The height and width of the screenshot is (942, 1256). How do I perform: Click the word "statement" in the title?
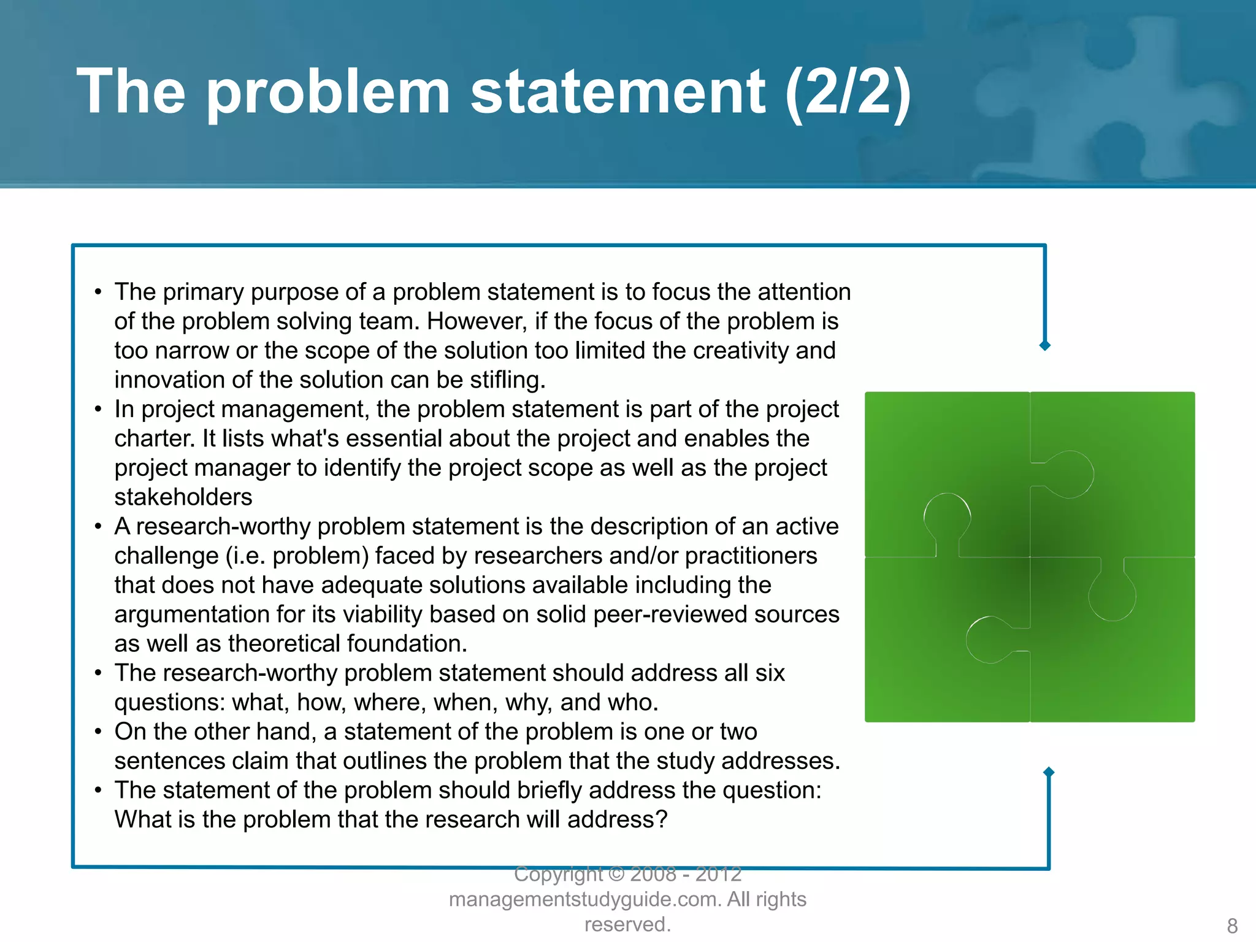(618, 92)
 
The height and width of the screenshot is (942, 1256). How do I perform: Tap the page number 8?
(1232, 925)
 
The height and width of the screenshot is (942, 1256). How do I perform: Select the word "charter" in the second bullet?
(154, 438)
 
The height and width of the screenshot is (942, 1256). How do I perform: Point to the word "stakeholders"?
(183, 497)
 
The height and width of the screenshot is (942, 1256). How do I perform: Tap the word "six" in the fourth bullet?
(770, 673)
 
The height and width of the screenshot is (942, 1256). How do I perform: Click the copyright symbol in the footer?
(616, 874)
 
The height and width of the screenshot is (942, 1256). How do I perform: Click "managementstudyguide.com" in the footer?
(585, 900)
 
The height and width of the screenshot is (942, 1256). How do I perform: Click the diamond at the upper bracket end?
(1045, 346)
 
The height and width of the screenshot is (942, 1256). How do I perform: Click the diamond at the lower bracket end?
(1049, 772)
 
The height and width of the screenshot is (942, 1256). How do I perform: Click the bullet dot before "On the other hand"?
(98, 732)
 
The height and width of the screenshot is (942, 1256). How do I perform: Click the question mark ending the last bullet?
(661, 819)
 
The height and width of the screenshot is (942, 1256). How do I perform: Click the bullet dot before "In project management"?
(98, 409)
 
